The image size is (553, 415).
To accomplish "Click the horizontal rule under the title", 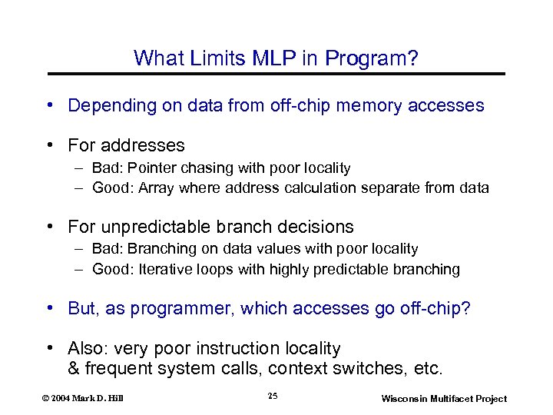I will [276, 74].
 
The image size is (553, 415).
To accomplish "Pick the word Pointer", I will [151, 168].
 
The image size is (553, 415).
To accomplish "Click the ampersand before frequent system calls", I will [74, 368].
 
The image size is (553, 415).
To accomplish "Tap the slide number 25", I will [273, 396].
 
